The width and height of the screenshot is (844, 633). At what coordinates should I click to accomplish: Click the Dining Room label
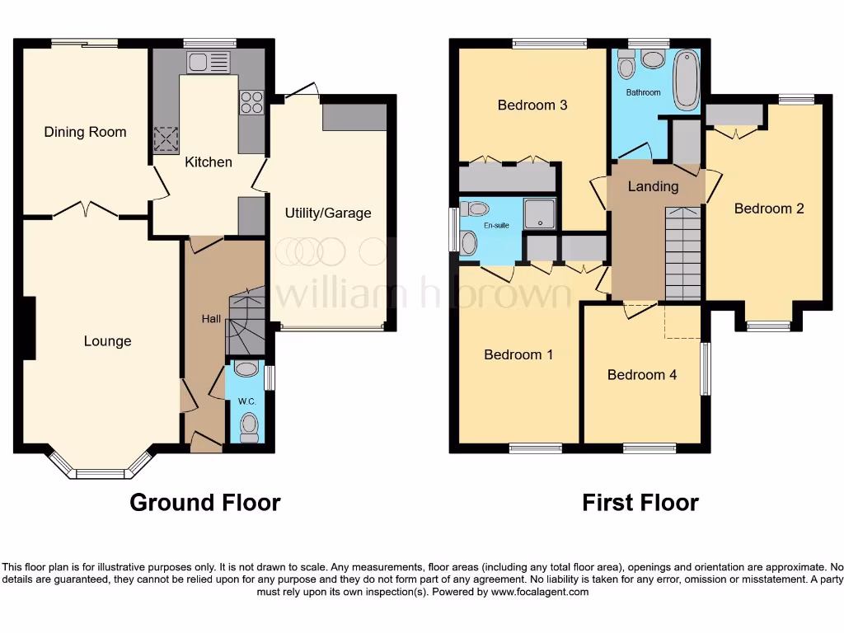click(x=85, y=132)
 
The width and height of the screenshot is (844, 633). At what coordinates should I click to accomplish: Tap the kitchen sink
click(x=209, y=62)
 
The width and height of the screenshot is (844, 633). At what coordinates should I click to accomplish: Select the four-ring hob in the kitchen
click(x=251, y=101)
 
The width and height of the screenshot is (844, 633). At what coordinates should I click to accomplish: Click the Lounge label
click(x=107, y=341)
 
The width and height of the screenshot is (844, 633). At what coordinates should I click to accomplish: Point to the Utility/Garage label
click(x=328, y=213)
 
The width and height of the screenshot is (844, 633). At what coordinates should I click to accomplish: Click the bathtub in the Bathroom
click(x=685, y=80)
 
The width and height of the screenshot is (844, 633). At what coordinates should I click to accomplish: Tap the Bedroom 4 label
click(x=641, y=375)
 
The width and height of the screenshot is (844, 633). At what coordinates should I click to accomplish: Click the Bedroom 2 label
click(x=768, y=209)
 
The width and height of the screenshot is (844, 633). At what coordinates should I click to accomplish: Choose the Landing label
click(x=653, y=186)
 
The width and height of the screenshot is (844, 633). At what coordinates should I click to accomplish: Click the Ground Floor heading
click(x=204, y=502)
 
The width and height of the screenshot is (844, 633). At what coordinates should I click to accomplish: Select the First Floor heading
click(x=640, y=502)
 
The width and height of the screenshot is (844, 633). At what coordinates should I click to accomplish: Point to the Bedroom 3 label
click(x=532, y=105)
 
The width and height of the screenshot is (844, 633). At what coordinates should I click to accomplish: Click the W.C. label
click(x=247, y=401)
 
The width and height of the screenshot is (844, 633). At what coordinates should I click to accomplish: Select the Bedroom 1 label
click(x=518, y=354)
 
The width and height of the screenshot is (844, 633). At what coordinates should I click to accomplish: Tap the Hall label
click(x=211, y=318)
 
